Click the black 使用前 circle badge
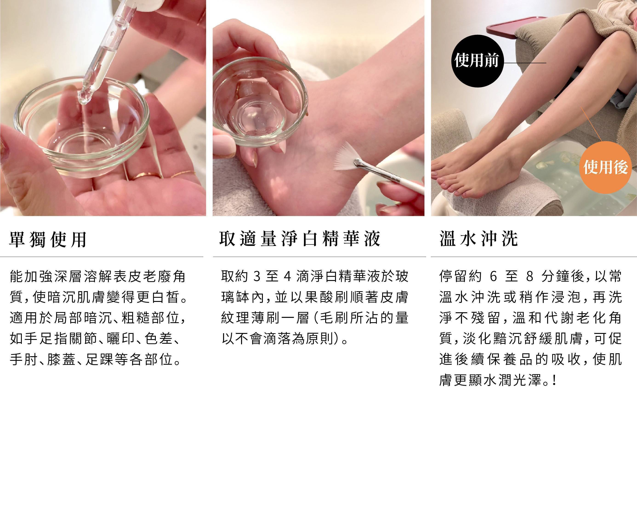click(x=477, y=61)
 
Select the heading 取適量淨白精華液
click(x=300, y=239)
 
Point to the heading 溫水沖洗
click(x=479, y=239)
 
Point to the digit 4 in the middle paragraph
click(x=287, y=277)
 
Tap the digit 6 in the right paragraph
click(x=493, y=277)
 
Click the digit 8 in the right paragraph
click(x=529, y=277)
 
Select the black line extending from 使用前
click(x=524, y=63)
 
